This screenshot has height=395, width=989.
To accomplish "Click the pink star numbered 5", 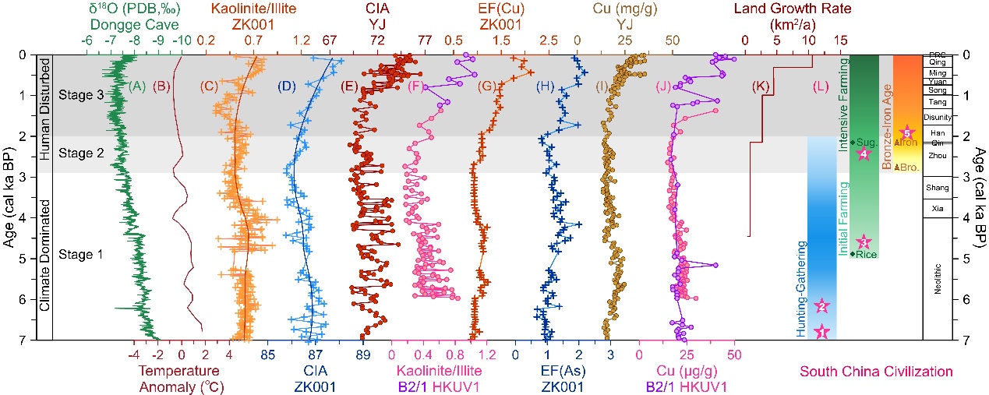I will coord(906,132).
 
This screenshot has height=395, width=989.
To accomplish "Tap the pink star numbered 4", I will coord(864,154).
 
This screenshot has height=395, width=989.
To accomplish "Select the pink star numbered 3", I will coord(864,242).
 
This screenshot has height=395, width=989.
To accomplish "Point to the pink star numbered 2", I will coord(821,307).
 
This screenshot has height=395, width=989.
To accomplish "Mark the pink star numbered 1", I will coord(821,332).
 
